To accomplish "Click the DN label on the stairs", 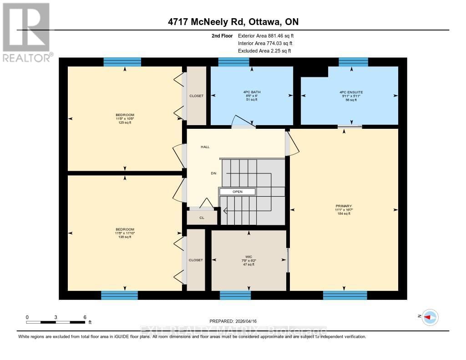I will [213, 173].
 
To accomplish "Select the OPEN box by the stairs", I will [238, 192].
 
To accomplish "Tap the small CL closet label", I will [202, 218].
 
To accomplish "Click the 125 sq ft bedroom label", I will [125, 118].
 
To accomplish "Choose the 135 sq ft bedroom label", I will [125, 233].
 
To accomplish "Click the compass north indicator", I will [430, 317].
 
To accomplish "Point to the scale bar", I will [56, 322].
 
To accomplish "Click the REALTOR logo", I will [26, 32].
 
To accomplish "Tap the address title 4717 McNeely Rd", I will [233, 22].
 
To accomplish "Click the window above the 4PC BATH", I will [233, 62].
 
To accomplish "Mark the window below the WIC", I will [235, 295].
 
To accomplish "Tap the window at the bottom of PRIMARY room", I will [345, 295].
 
